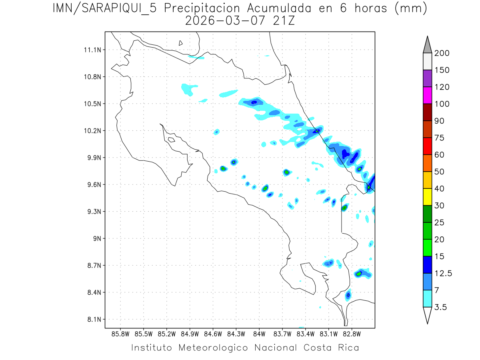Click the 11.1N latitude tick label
coord(92,50)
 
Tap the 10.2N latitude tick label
coord(92,131)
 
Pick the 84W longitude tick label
coord(259,334)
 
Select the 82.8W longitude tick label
coord(352,334)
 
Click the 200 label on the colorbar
coord(442,53)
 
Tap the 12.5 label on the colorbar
coord(443,273)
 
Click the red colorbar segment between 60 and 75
coord(427,146)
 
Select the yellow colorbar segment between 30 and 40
coord(427,197)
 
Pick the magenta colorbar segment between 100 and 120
coord(427,95)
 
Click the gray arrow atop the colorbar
coord(427,44)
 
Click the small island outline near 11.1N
coord(181,43)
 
